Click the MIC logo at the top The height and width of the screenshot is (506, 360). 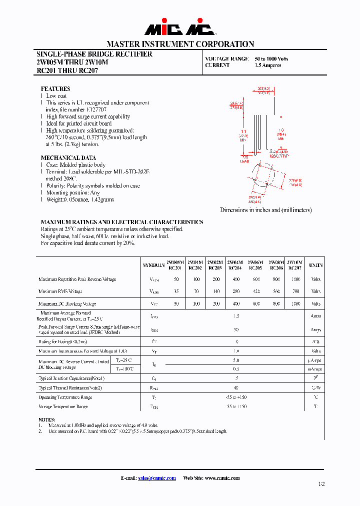(180, 29)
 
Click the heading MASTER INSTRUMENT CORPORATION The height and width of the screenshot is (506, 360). (180, 44)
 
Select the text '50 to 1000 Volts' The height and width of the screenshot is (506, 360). (271, 58)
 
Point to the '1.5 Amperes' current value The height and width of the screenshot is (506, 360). (268, 65)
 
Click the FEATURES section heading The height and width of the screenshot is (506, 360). (55, 88)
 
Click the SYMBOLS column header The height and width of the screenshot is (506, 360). (153, 265)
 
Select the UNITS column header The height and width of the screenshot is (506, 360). (315, 265)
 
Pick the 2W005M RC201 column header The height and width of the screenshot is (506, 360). (175, 265)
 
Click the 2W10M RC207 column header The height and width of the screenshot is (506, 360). (295, 265)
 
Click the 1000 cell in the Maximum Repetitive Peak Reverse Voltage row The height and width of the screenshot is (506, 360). (295, 279)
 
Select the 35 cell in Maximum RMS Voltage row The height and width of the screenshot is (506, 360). (175, 291)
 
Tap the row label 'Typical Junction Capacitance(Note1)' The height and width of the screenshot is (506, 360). (71, 378)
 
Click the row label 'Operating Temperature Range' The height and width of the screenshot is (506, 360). (65, 397)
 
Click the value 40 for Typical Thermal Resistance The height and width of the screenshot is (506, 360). (235, 387)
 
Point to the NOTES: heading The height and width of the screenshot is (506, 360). (46, 419)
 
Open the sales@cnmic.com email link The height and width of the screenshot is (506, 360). (156, 478)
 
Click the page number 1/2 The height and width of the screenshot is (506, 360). (321, 484)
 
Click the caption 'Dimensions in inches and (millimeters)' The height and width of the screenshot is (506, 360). (265, 210)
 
